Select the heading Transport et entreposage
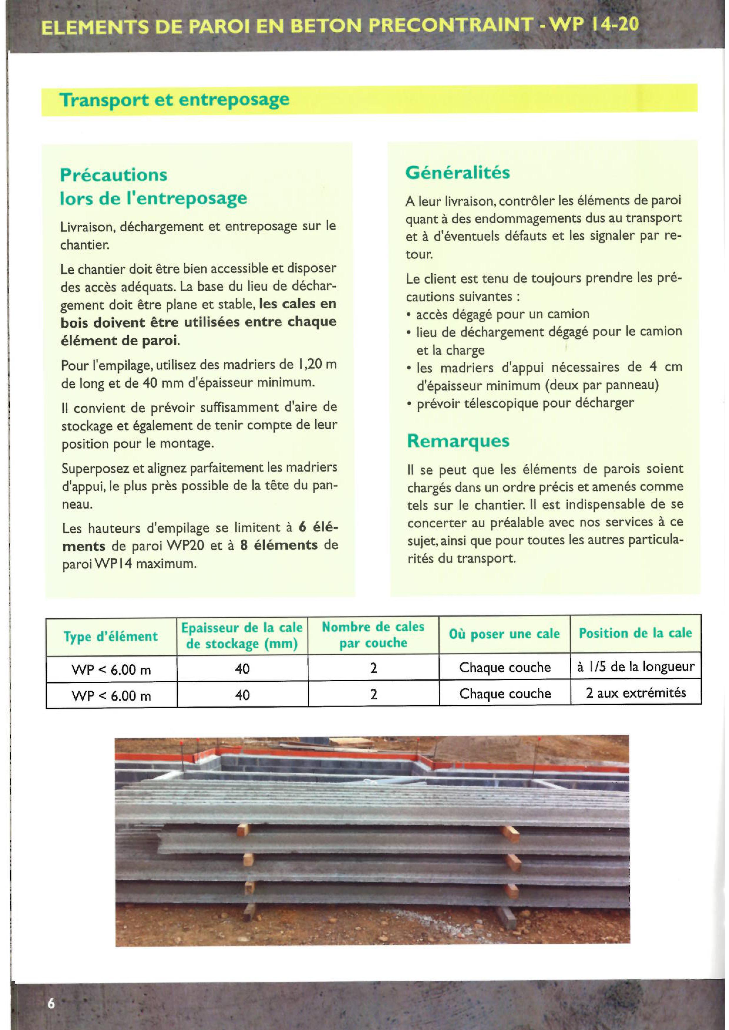174,100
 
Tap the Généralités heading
457,172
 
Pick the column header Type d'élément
111,636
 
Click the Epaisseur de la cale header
242,635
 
